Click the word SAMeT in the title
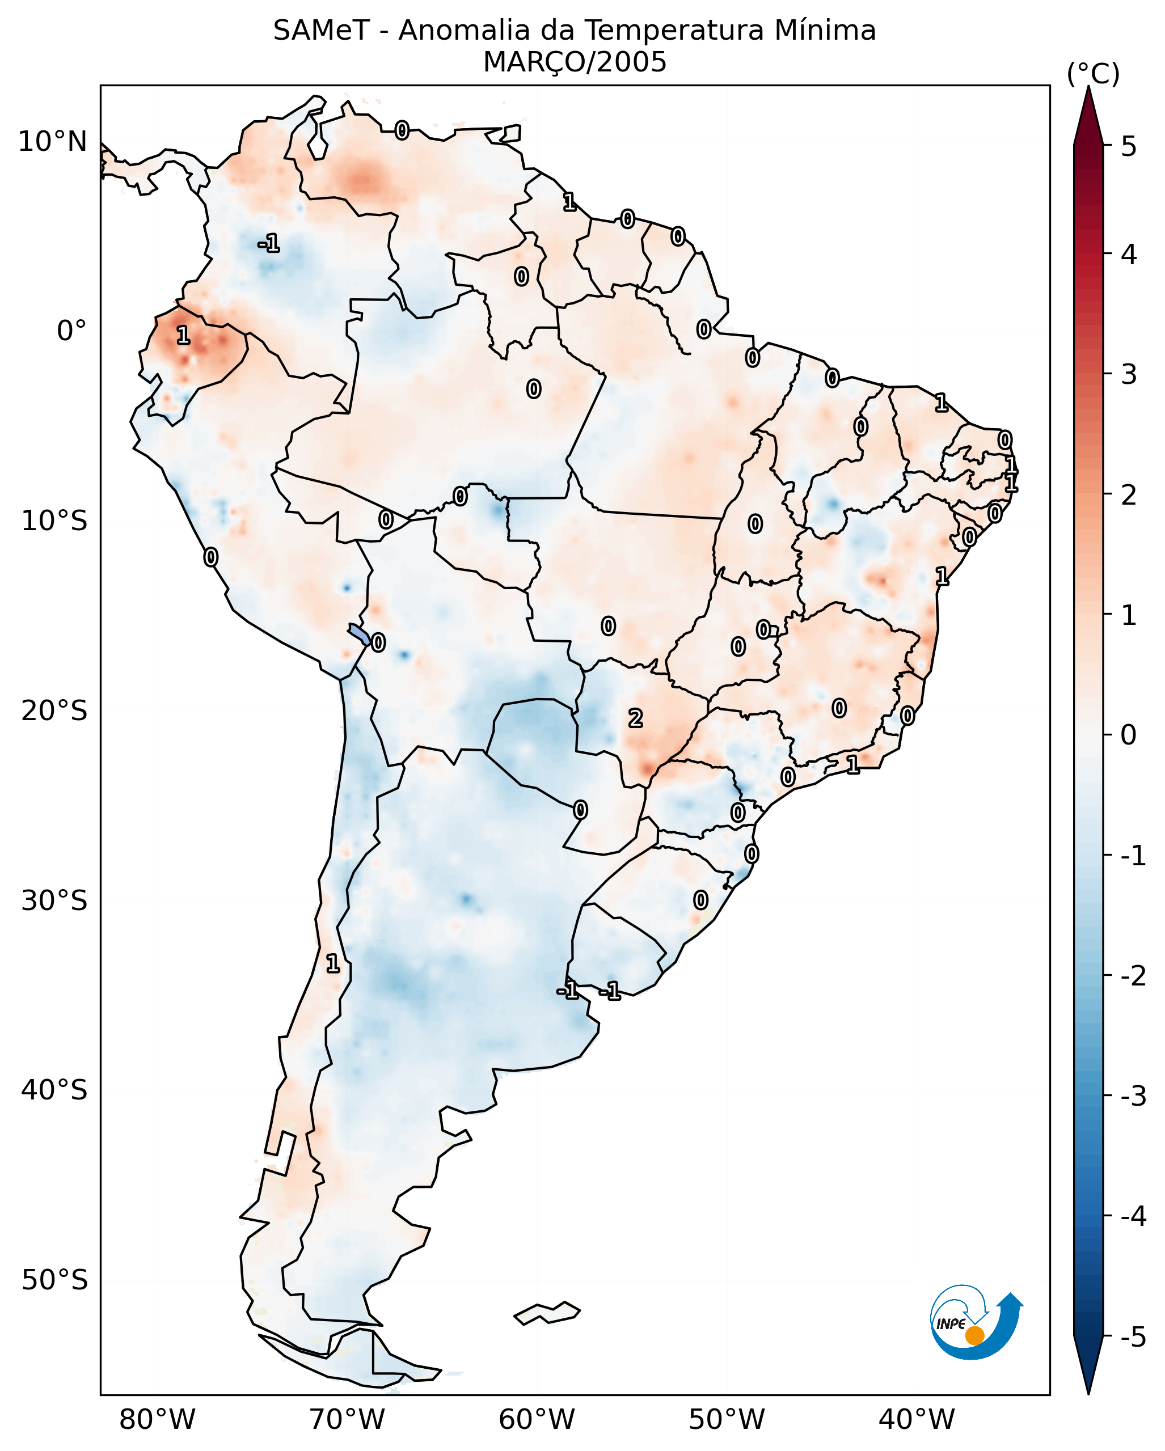320,31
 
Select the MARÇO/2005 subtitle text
574,62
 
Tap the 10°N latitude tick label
53,142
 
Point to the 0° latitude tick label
71,331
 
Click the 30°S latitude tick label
54,901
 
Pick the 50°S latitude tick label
54,1280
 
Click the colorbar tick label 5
1129,147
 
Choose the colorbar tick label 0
1129,734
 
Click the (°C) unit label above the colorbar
1093,74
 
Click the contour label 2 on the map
635,719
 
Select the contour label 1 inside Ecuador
183,335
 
